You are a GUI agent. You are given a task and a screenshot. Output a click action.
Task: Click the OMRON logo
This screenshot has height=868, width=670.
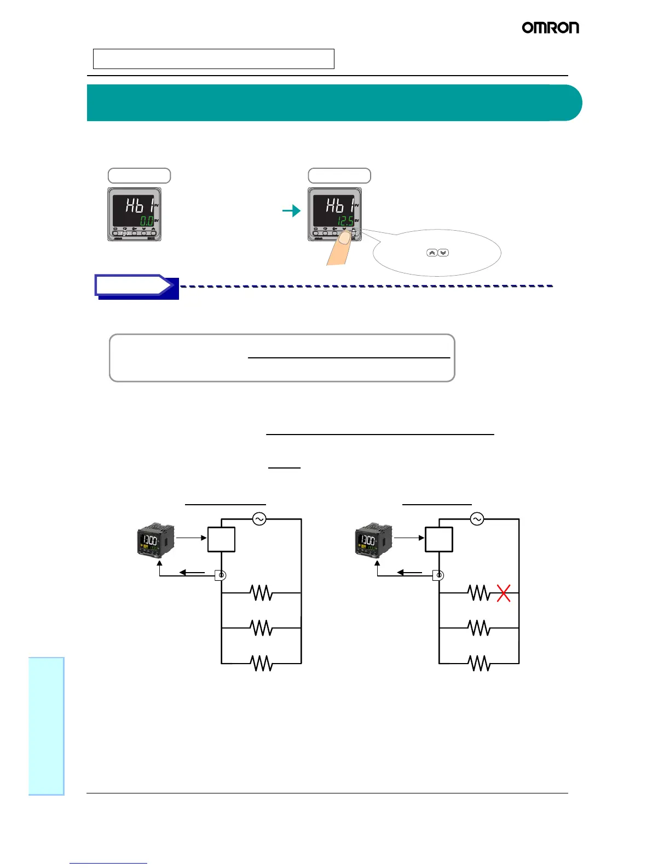(x=550, y=27)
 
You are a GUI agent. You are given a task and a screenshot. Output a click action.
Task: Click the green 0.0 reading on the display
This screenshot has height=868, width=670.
(x=146, y=221)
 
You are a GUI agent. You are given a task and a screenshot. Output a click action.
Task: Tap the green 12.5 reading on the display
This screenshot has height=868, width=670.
(x=345, y=221)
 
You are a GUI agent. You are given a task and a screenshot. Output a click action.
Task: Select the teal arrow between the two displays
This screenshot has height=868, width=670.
(x=292, y=210)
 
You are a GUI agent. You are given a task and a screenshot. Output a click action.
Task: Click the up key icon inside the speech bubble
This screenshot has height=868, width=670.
(x=431, y=253)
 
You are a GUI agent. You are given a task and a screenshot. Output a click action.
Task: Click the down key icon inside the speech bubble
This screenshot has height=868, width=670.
(x=443, y=253)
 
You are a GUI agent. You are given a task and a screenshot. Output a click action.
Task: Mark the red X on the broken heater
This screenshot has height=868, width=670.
(x=504, y=593)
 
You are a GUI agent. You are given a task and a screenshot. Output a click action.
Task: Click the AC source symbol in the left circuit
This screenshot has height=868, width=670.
(x=259, y=519)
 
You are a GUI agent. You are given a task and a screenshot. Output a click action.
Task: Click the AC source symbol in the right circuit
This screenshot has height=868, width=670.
(x=477, y=519)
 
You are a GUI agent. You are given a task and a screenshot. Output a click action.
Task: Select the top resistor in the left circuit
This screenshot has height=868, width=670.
(x=262, y=593)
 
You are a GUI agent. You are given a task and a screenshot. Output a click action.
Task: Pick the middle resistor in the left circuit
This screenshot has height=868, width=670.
(x=262, y=628)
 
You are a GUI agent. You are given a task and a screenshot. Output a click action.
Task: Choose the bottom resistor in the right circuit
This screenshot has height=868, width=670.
(x=480, y=664)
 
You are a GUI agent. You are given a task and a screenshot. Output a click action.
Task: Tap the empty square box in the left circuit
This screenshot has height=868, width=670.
(x=222, y=539)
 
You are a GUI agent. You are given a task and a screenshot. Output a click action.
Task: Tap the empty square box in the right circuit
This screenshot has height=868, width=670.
(x=439, y=539)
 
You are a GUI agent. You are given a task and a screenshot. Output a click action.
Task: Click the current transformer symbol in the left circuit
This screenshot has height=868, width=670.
(x=221, y=575)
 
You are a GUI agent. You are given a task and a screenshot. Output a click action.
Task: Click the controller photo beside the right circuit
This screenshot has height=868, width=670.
(x=374, y=540)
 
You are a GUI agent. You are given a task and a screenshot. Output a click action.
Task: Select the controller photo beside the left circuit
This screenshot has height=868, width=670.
(x=155, y=540)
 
